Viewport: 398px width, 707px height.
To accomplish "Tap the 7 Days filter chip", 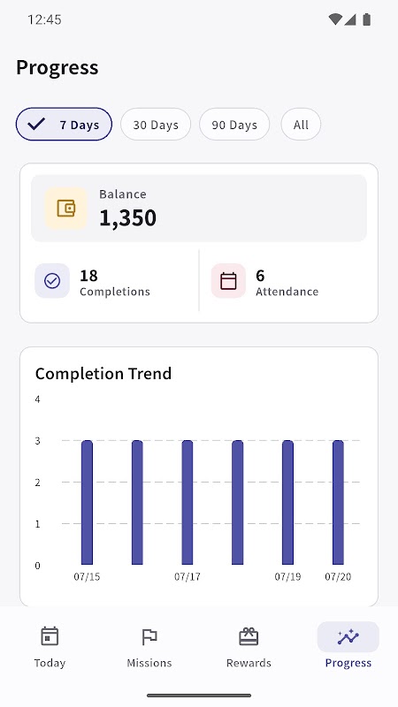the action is [x=64, y=125].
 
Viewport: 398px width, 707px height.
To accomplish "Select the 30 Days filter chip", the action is [x=156, y=125].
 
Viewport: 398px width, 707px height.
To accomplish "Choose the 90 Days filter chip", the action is [x=234, y=125].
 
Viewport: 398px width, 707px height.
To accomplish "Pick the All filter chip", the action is [x=301, y=125].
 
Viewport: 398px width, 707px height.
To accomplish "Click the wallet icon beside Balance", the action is [x=65, y=209].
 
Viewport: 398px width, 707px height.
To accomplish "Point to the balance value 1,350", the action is [x=127, y=217].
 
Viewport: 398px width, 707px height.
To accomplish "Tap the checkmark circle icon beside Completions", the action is [x=52, y=281].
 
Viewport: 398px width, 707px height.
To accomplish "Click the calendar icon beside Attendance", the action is [x=228, y=281].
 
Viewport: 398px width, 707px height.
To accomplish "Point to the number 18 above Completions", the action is [x=88, y=276].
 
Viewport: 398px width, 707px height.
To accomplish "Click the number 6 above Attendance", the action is [x=260, y=276].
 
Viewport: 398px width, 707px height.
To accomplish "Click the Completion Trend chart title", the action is [x=103, y=374].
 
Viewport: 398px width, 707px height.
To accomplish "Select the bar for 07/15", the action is [x=87, y=502].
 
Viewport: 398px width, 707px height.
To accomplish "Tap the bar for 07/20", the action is [x=338, y=502].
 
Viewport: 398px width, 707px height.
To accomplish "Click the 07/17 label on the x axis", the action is [x=188, y=577].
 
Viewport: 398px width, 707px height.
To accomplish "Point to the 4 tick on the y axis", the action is [x=37, y=399].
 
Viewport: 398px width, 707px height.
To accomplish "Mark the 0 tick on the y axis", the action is [x=37, y=566].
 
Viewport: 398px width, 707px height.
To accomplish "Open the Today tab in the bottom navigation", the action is [x=50, y=647].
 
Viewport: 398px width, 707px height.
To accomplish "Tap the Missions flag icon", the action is [x=149, y=637].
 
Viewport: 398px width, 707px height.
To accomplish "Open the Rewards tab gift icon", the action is [x=249, y=636].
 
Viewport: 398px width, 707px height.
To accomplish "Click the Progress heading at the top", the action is [x=57, y=68].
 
